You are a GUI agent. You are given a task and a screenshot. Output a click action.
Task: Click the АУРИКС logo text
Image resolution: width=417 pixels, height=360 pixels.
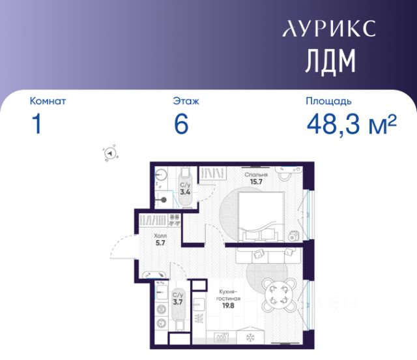pyautogui.click(x=329, y=28)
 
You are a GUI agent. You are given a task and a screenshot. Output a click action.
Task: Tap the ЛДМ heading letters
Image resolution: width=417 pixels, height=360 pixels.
pyautogui.click(x=330, y=61)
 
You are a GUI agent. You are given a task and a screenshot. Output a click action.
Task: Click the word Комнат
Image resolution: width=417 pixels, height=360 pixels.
pyautogui.click(x=48, y=101)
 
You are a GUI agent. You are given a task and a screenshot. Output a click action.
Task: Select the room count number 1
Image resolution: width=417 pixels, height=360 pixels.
pyautogui.click(x=36, y=124)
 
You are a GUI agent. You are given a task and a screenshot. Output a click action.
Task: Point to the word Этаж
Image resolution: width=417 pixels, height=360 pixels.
pyautogui.click(x=186, y=101)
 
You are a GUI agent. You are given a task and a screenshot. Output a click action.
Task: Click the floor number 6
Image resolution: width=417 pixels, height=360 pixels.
pyautogui.click(x=181, y=124)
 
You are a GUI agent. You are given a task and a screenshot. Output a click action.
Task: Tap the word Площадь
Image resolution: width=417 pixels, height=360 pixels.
pyautogui.click(x=328, y=102)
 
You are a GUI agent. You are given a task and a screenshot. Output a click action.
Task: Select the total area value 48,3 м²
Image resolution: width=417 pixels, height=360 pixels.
pyautogui.click(x=352, y=124)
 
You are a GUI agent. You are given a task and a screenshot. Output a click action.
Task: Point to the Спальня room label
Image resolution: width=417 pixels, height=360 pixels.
pyautogui.click(x=256, y=175)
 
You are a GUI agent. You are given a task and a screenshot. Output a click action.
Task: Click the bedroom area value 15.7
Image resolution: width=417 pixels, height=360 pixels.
pyautogui.click(x=256, y=182)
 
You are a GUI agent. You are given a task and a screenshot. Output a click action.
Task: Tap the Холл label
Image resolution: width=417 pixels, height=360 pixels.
pyautogui.click(x=160, y=236)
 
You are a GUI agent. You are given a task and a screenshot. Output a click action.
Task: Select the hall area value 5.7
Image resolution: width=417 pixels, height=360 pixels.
pyautogui.click(x=160, y=243)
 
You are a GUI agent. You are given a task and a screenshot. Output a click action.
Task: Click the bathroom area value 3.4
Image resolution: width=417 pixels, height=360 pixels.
pyautogui.click(x=185, y=192)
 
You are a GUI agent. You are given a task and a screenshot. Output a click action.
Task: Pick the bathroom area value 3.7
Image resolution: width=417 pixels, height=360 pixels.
pyautogui.click(x=178, y=302)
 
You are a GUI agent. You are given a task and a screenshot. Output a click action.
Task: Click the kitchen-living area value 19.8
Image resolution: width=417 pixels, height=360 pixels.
pyautogui.click(x=228, y=306)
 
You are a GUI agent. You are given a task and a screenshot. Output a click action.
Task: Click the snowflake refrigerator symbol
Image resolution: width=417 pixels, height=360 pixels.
pyautogui.click(x=250, y=338)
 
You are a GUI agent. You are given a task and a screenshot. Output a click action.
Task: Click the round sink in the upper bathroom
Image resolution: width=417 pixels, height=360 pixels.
pyautogui.click(x=161, y=175)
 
